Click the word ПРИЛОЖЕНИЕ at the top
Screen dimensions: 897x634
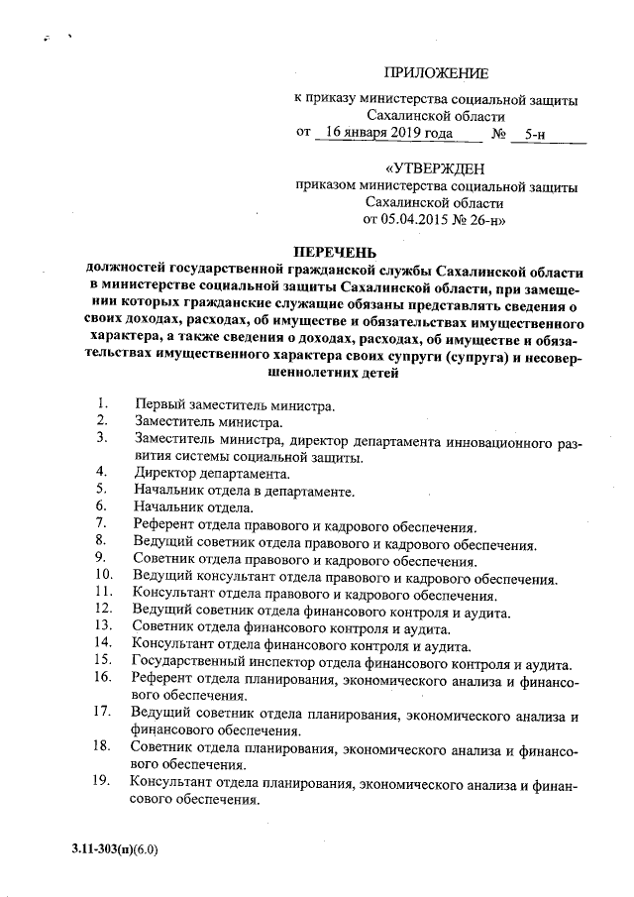click(x=436, y=73)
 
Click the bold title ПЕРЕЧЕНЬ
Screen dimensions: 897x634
click(x=332, y=252)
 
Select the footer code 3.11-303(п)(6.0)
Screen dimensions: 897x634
click(x=115, y=850)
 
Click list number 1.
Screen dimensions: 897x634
click(x=102, y=403)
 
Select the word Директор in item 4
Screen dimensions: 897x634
click(x=163, y=473)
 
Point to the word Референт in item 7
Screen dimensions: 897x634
click(x=163, y=526)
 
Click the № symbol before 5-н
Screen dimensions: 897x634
click(x=500, y=133)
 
